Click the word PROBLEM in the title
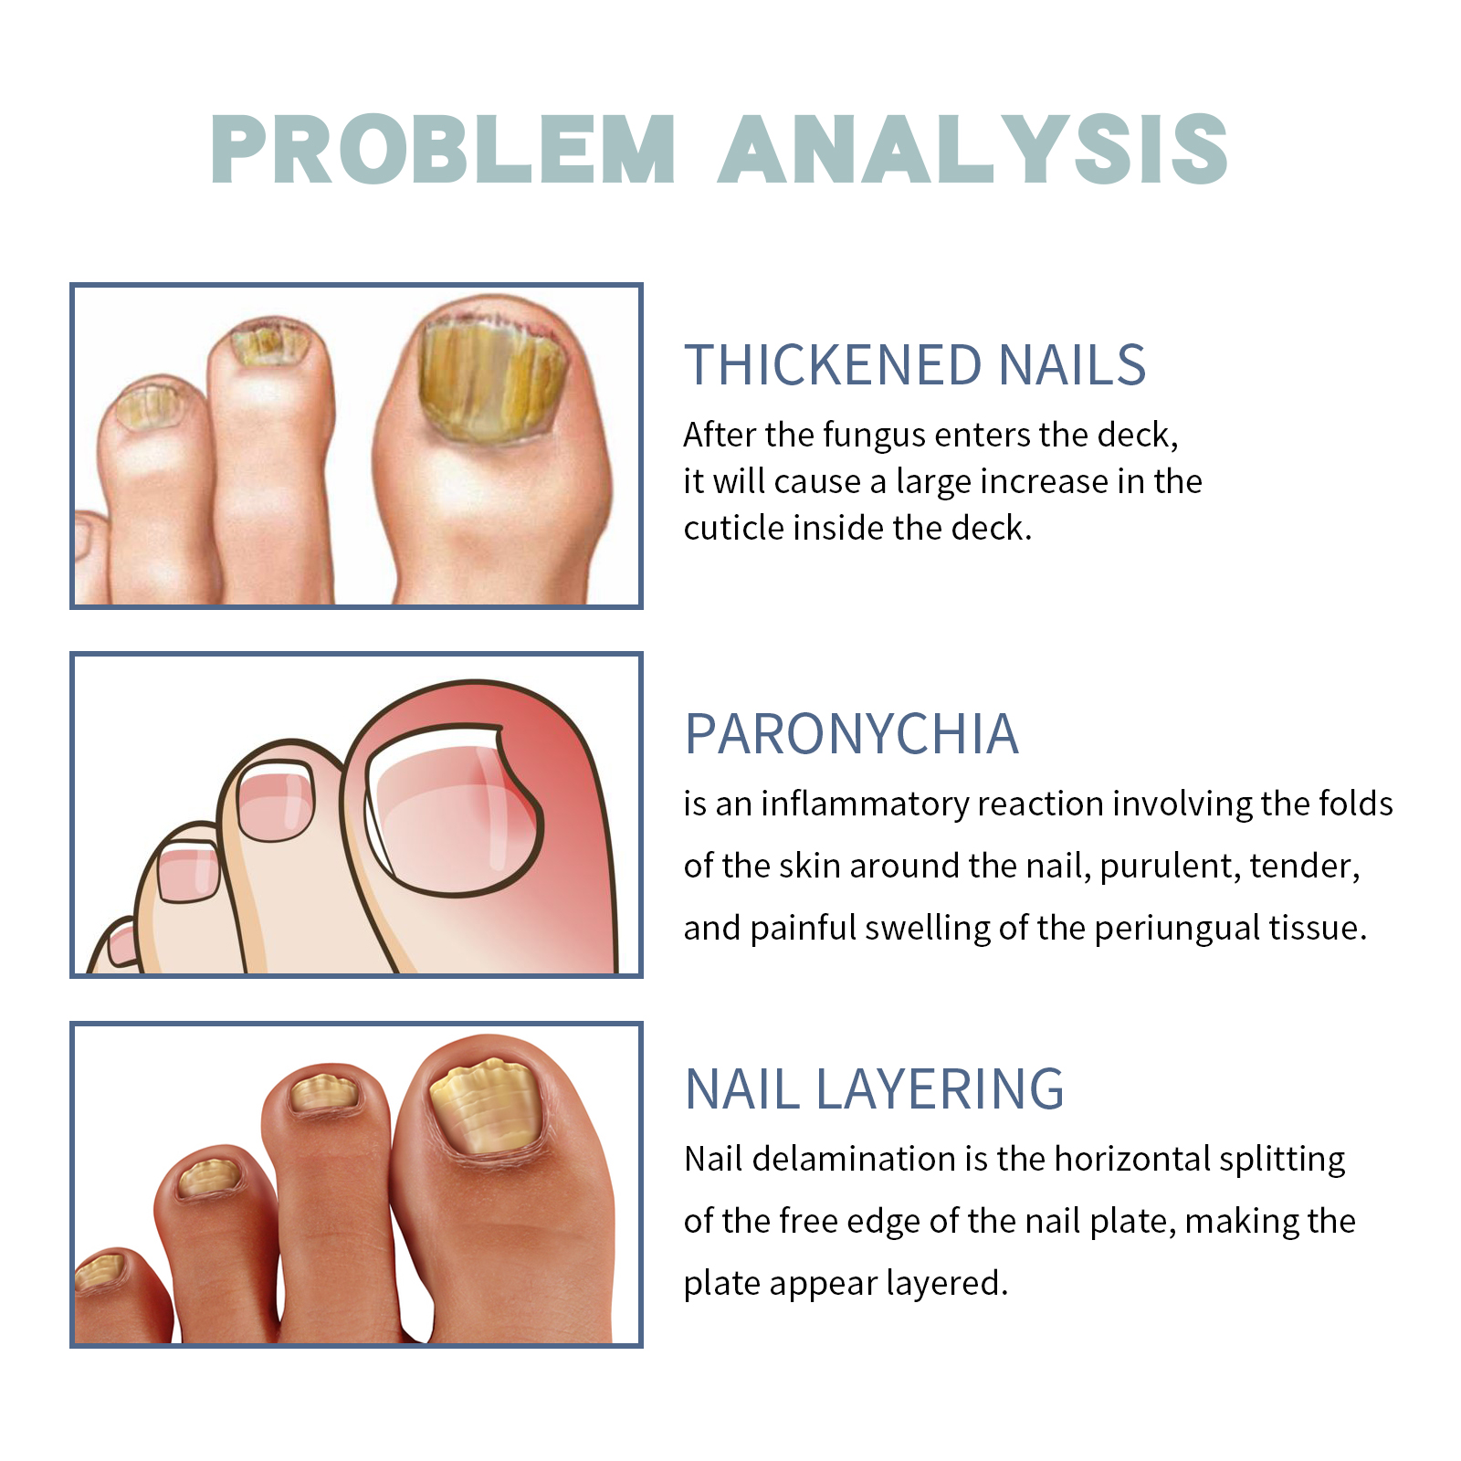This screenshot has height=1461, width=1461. (444, 149)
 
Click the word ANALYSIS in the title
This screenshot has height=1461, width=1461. (973, 149)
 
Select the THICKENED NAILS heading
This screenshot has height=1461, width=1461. (915, 365)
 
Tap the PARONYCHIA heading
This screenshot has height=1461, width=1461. (852, 734)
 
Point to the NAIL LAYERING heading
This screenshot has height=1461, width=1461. (875, 1089)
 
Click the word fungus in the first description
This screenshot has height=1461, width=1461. (875, 436)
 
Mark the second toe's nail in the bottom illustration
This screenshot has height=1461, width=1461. (324, 1093)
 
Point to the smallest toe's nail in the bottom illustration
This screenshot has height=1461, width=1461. (99, 1271)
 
